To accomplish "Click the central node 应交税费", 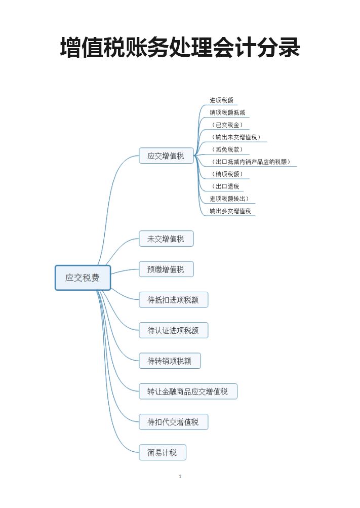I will click(83, 278).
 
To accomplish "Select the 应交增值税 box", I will click(166, 155).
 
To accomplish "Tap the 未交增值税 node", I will click(166, 239).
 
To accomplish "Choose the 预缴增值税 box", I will click(166, 269).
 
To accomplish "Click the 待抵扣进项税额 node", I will click(173, 300).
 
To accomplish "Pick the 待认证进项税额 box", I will click(173, 331).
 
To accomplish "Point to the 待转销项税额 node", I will click(170, 361).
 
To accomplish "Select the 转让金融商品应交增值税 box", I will click(188, 392).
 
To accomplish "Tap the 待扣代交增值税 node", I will click(173, 422).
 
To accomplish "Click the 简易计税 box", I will click(163, 452).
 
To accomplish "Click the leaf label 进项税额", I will click(222, 100).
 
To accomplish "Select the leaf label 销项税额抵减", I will click(228, 112).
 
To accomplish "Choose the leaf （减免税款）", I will click(228, 149).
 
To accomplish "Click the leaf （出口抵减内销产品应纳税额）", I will click(252, 162).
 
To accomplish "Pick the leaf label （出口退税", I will click(226, 186).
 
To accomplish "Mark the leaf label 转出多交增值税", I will click(231, 211).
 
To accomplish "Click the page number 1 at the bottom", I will click(180, 477).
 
